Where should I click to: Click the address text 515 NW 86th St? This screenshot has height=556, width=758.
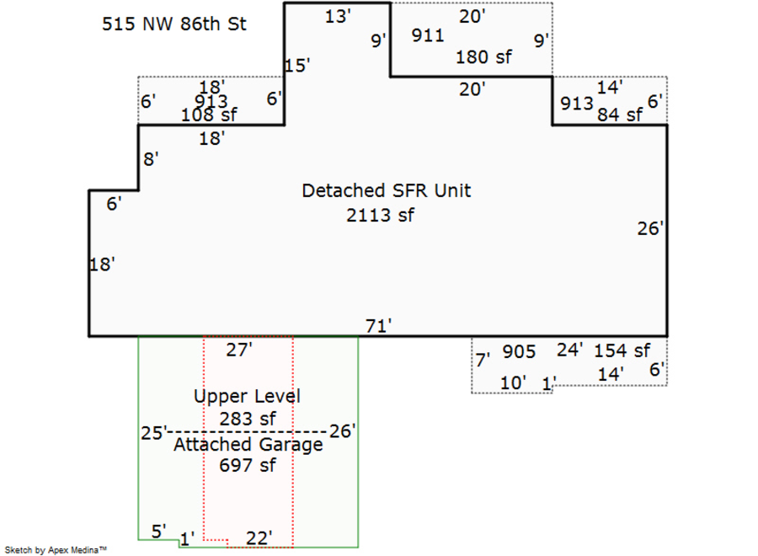pyautogui.click(x=174, y=24)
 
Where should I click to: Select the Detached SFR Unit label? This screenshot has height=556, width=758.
pyautogui.click(x=387, y=190)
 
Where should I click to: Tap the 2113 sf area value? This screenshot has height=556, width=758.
pyautogui.click(x=381, y=215)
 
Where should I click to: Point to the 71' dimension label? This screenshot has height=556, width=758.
pyautogui.click(x=379, y=325)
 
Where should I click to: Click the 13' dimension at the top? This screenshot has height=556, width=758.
pyautogui.click(x=338, y=16)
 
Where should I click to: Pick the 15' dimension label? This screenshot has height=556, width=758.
pyautogui.click(x=297, y=67)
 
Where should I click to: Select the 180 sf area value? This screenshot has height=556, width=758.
pyautogui.click(x=483, y=57)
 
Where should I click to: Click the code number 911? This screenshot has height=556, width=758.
pyautogui.click(x=428, y=35)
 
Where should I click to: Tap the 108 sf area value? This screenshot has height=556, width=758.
pyautogui.click(x=209, y=115)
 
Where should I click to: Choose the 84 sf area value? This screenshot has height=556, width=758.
pyautogui.click(x=619, y=115)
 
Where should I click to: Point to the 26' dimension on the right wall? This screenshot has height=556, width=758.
pyautogui.click(x=651, y=228)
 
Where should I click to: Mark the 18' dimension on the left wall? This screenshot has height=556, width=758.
pyautogui.click(x=102, y=265)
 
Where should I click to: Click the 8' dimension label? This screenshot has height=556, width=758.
pyautogui.click(x=151, y=159)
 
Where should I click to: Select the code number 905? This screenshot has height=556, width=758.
pyautogui.click(x=519, y=352)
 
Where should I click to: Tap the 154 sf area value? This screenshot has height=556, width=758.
pyautogui.click(x=622, y=350)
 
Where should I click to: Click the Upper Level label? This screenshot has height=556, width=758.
pyautogui.click(x=247, y=396)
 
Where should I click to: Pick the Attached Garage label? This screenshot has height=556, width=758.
pyautogui.click(x=248, y=444)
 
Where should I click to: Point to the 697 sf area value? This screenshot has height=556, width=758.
pyautogui.click(x=247, y=464)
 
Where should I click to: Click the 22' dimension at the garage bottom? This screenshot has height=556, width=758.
pyautogui.click(x=259, y=537)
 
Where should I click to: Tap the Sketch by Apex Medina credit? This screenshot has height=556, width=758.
pyautogui.click(x=56, y=549)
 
